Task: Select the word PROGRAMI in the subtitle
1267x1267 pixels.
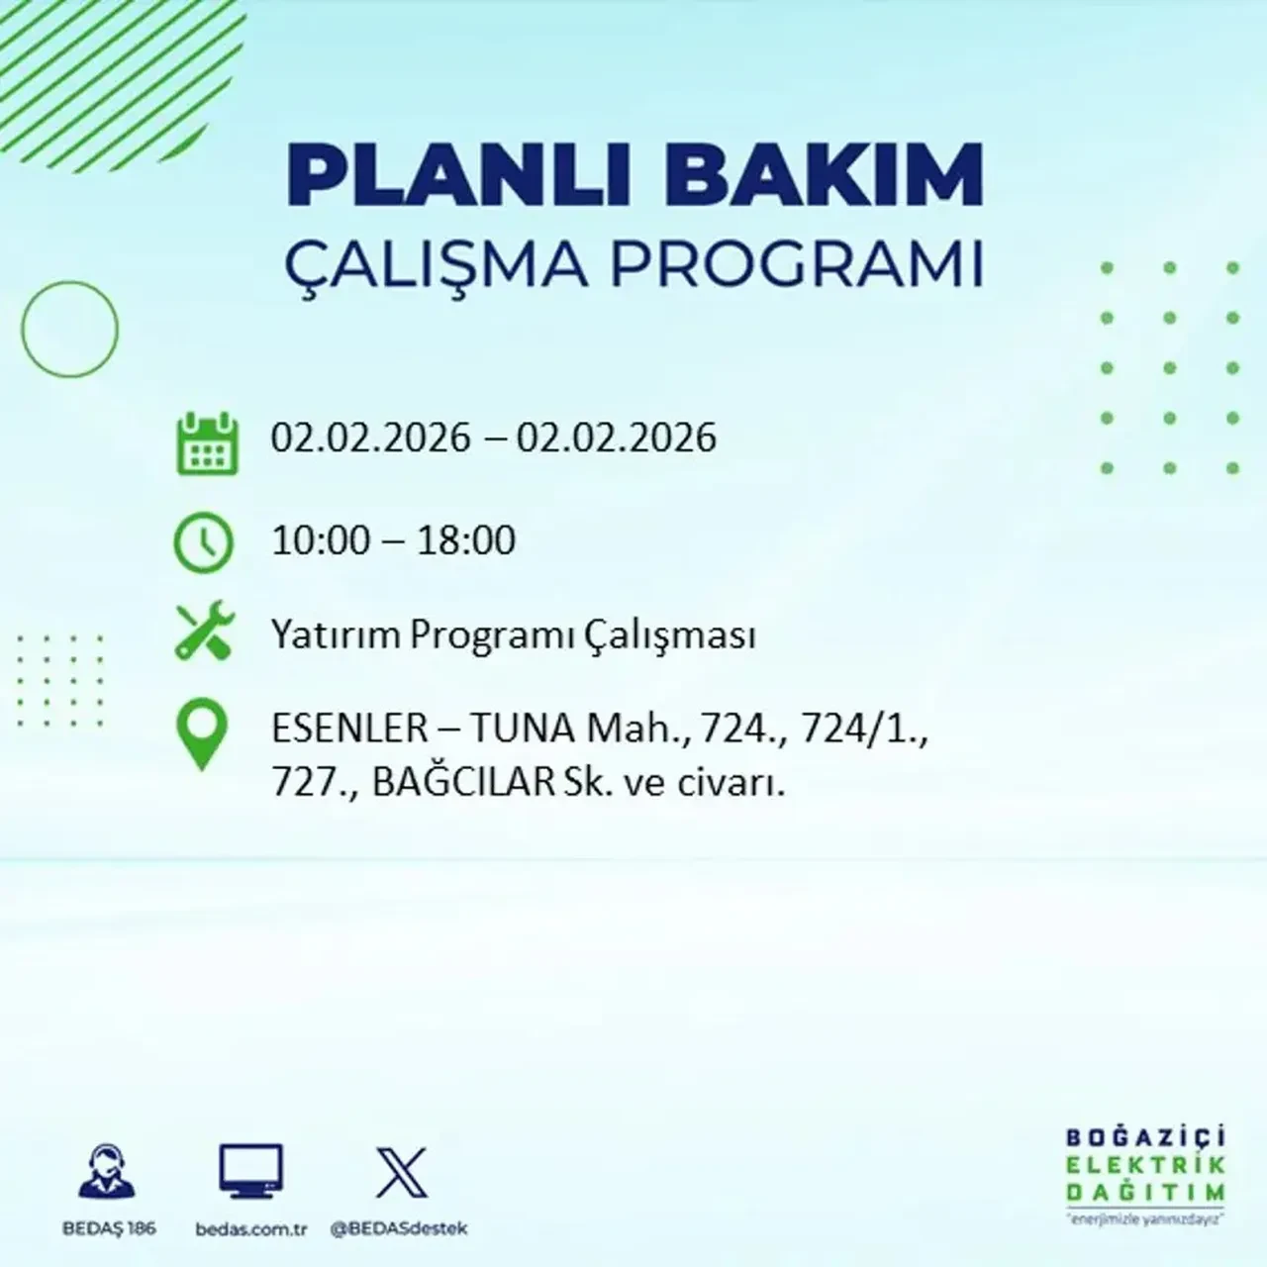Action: pos(792,264)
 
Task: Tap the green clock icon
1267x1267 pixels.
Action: pos(204,542)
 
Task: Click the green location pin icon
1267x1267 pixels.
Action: pos(202,735)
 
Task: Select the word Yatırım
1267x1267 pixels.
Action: pos(337,634)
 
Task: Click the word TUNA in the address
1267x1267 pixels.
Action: pos(522,730)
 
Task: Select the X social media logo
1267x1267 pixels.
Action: pos(402,1173)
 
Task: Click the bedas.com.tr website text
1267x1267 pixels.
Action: pos(251,1229)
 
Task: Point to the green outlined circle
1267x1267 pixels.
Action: pos(70,329)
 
